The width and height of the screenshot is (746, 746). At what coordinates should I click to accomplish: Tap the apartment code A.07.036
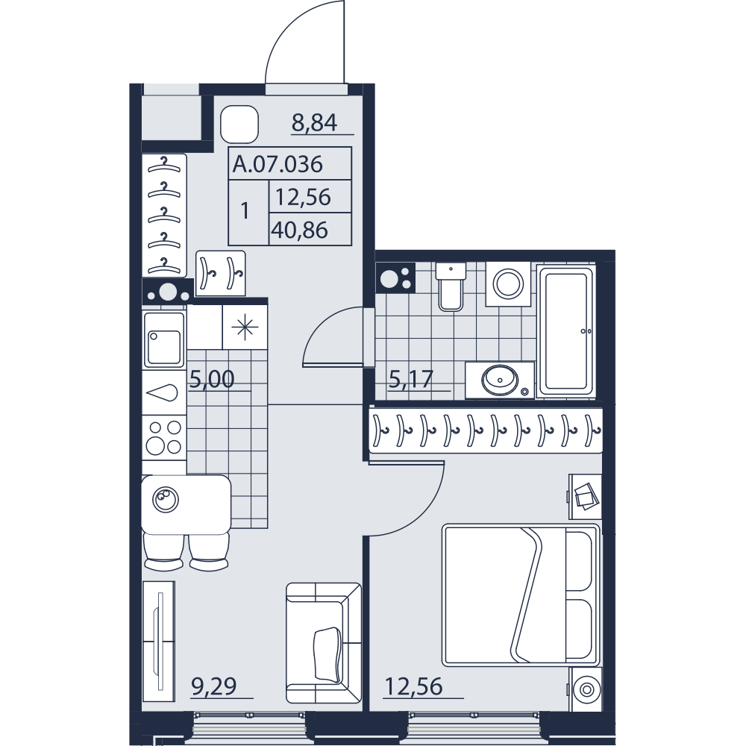coord(278,164)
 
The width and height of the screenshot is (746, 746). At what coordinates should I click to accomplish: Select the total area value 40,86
coord(300,231)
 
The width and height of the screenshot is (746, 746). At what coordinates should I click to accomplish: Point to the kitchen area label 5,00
coord(212,380)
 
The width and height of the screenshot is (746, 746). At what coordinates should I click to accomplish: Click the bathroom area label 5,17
coord(411,380)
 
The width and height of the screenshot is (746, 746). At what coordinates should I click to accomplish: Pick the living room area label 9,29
coord(213,686)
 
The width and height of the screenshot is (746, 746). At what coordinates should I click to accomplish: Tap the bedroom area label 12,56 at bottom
coord(413,686)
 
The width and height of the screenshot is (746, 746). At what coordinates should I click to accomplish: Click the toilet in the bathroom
coord(450,286)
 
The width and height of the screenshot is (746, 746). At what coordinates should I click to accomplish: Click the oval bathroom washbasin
coord(500,379)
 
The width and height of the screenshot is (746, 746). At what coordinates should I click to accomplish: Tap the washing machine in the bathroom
coord(508,283)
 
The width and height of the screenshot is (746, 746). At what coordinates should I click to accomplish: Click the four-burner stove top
coord(163,437)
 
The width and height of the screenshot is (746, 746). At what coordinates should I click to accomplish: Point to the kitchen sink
coord(164,339)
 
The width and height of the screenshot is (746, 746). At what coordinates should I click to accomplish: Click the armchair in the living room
coord(324,643)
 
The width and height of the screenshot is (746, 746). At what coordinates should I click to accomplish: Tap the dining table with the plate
coord(186,504)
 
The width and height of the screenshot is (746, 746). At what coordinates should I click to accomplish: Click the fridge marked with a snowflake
coord(245,327)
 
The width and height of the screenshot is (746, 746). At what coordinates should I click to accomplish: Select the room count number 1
coord(245,211)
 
